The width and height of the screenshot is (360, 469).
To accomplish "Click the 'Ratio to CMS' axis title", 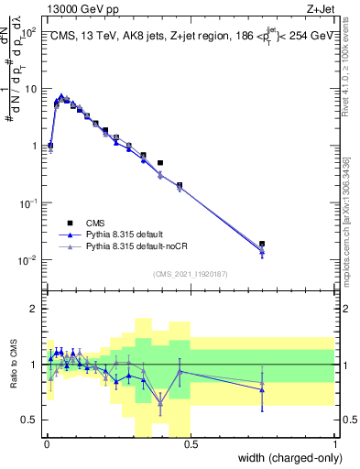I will pyautogui.click(x=15, y=365).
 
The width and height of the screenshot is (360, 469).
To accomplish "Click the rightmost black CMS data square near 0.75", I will pyautogui.click(x=262, y=245).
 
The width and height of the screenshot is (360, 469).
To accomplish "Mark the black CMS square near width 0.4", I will pyautogui.click(x=160, y=163).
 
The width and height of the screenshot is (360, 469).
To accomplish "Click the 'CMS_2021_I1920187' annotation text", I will pyautogui.click(x=191, y=273).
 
